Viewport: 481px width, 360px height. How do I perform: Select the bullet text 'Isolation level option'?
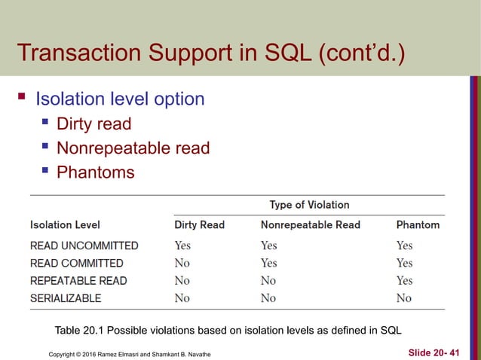point(120,99)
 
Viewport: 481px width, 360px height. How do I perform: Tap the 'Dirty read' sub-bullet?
point(93,124)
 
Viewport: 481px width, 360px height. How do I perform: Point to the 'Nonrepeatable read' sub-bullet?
point(133,148)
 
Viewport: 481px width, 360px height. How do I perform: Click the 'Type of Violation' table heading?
point(309,205)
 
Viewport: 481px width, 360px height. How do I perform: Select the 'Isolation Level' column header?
point(65,224)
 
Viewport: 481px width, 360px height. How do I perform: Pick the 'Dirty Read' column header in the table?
point(199,224)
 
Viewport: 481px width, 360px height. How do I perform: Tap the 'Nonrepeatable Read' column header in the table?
point(310,224)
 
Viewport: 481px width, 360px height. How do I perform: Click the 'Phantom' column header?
point(418,224)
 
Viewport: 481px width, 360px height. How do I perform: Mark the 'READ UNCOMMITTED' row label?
point(84,246)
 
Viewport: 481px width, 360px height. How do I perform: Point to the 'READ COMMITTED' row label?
point(76,263)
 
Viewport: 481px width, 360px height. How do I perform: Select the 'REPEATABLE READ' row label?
point(78,280)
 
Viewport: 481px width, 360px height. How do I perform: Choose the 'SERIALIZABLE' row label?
point(66,298)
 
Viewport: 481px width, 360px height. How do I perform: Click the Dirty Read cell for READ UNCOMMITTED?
point(182,246)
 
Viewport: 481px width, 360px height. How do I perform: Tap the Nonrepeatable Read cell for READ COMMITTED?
point(268,263)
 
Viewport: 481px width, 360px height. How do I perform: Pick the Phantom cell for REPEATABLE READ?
point(404,280)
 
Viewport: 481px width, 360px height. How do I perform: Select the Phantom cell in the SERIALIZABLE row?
point(404,298)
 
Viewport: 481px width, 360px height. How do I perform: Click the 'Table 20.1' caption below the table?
point(228,330)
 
